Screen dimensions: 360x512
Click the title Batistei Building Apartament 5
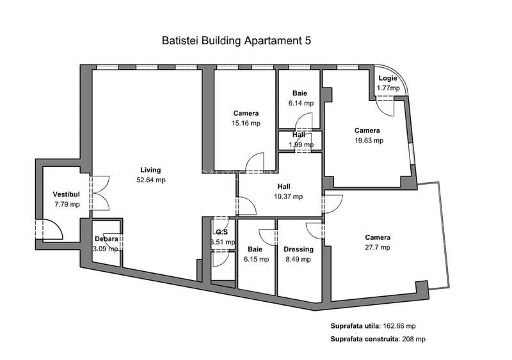237,40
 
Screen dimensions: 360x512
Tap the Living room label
150,170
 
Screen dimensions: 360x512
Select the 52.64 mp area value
150,180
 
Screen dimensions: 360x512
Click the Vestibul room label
66,194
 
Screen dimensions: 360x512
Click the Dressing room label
298,249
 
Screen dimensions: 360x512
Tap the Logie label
388,79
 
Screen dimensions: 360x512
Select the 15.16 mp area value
246,123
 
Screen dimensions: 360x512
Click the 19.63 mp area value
369,141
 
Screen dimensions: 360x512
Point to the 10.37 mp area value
289,197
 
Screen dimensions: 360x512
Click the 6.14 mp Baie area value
300,103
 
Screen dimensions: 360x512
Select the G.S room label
221,232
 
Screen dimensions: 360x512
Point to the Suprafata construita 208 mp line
378,339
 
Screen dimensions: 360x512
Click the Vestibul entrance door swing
50,229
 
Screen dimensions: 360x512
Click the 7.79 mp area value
67,205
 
